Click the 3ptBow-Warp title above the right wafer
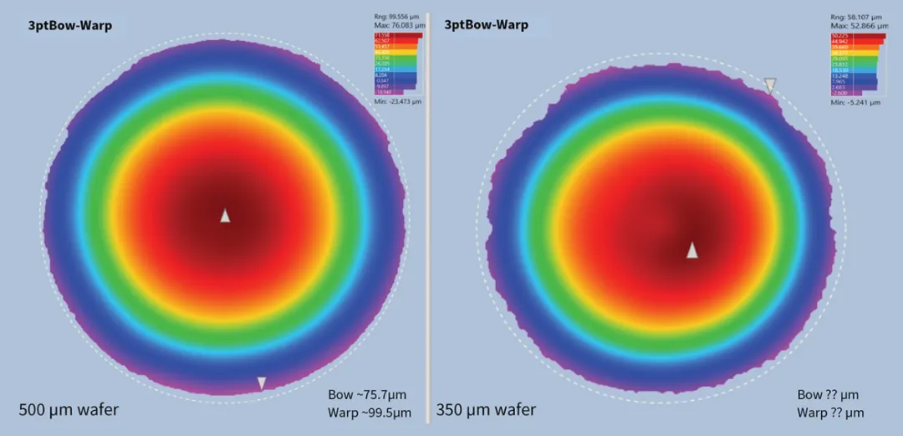[487, 25]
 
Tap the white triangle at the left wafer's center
[225, 216]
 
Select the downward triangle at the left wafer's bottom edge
[262, 383]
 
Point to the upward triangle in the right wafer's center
[692, 250]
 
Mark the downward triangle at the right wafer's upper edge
[770, 85]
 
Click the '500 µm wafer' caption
[69, 410]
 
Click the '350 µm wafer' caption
[486, 410]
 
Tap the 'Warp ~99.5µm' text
[370, 413]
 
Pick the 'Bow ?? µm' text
[828, 394]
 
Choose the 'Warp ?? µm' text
[829, 413]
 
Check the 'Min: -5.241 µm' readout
[855, 102]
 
